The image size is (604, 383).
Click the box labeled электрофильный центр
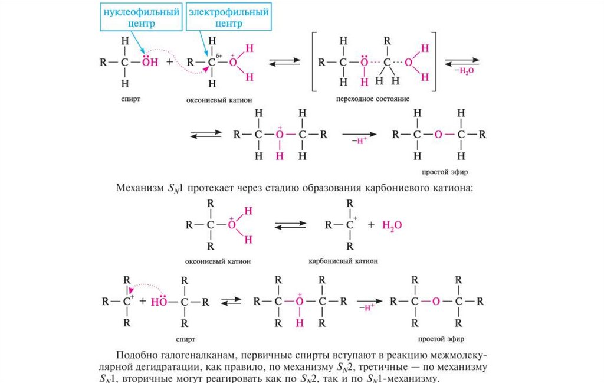228,17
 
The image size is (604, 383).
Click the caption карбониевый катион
343,260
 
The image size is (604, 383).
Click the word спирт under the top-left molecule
132,99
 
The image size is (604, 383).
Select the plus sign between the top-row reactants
170,61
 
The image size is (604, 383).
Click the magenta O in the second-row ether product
438,134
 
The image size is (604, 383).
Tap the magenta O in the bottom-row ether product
435,301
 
